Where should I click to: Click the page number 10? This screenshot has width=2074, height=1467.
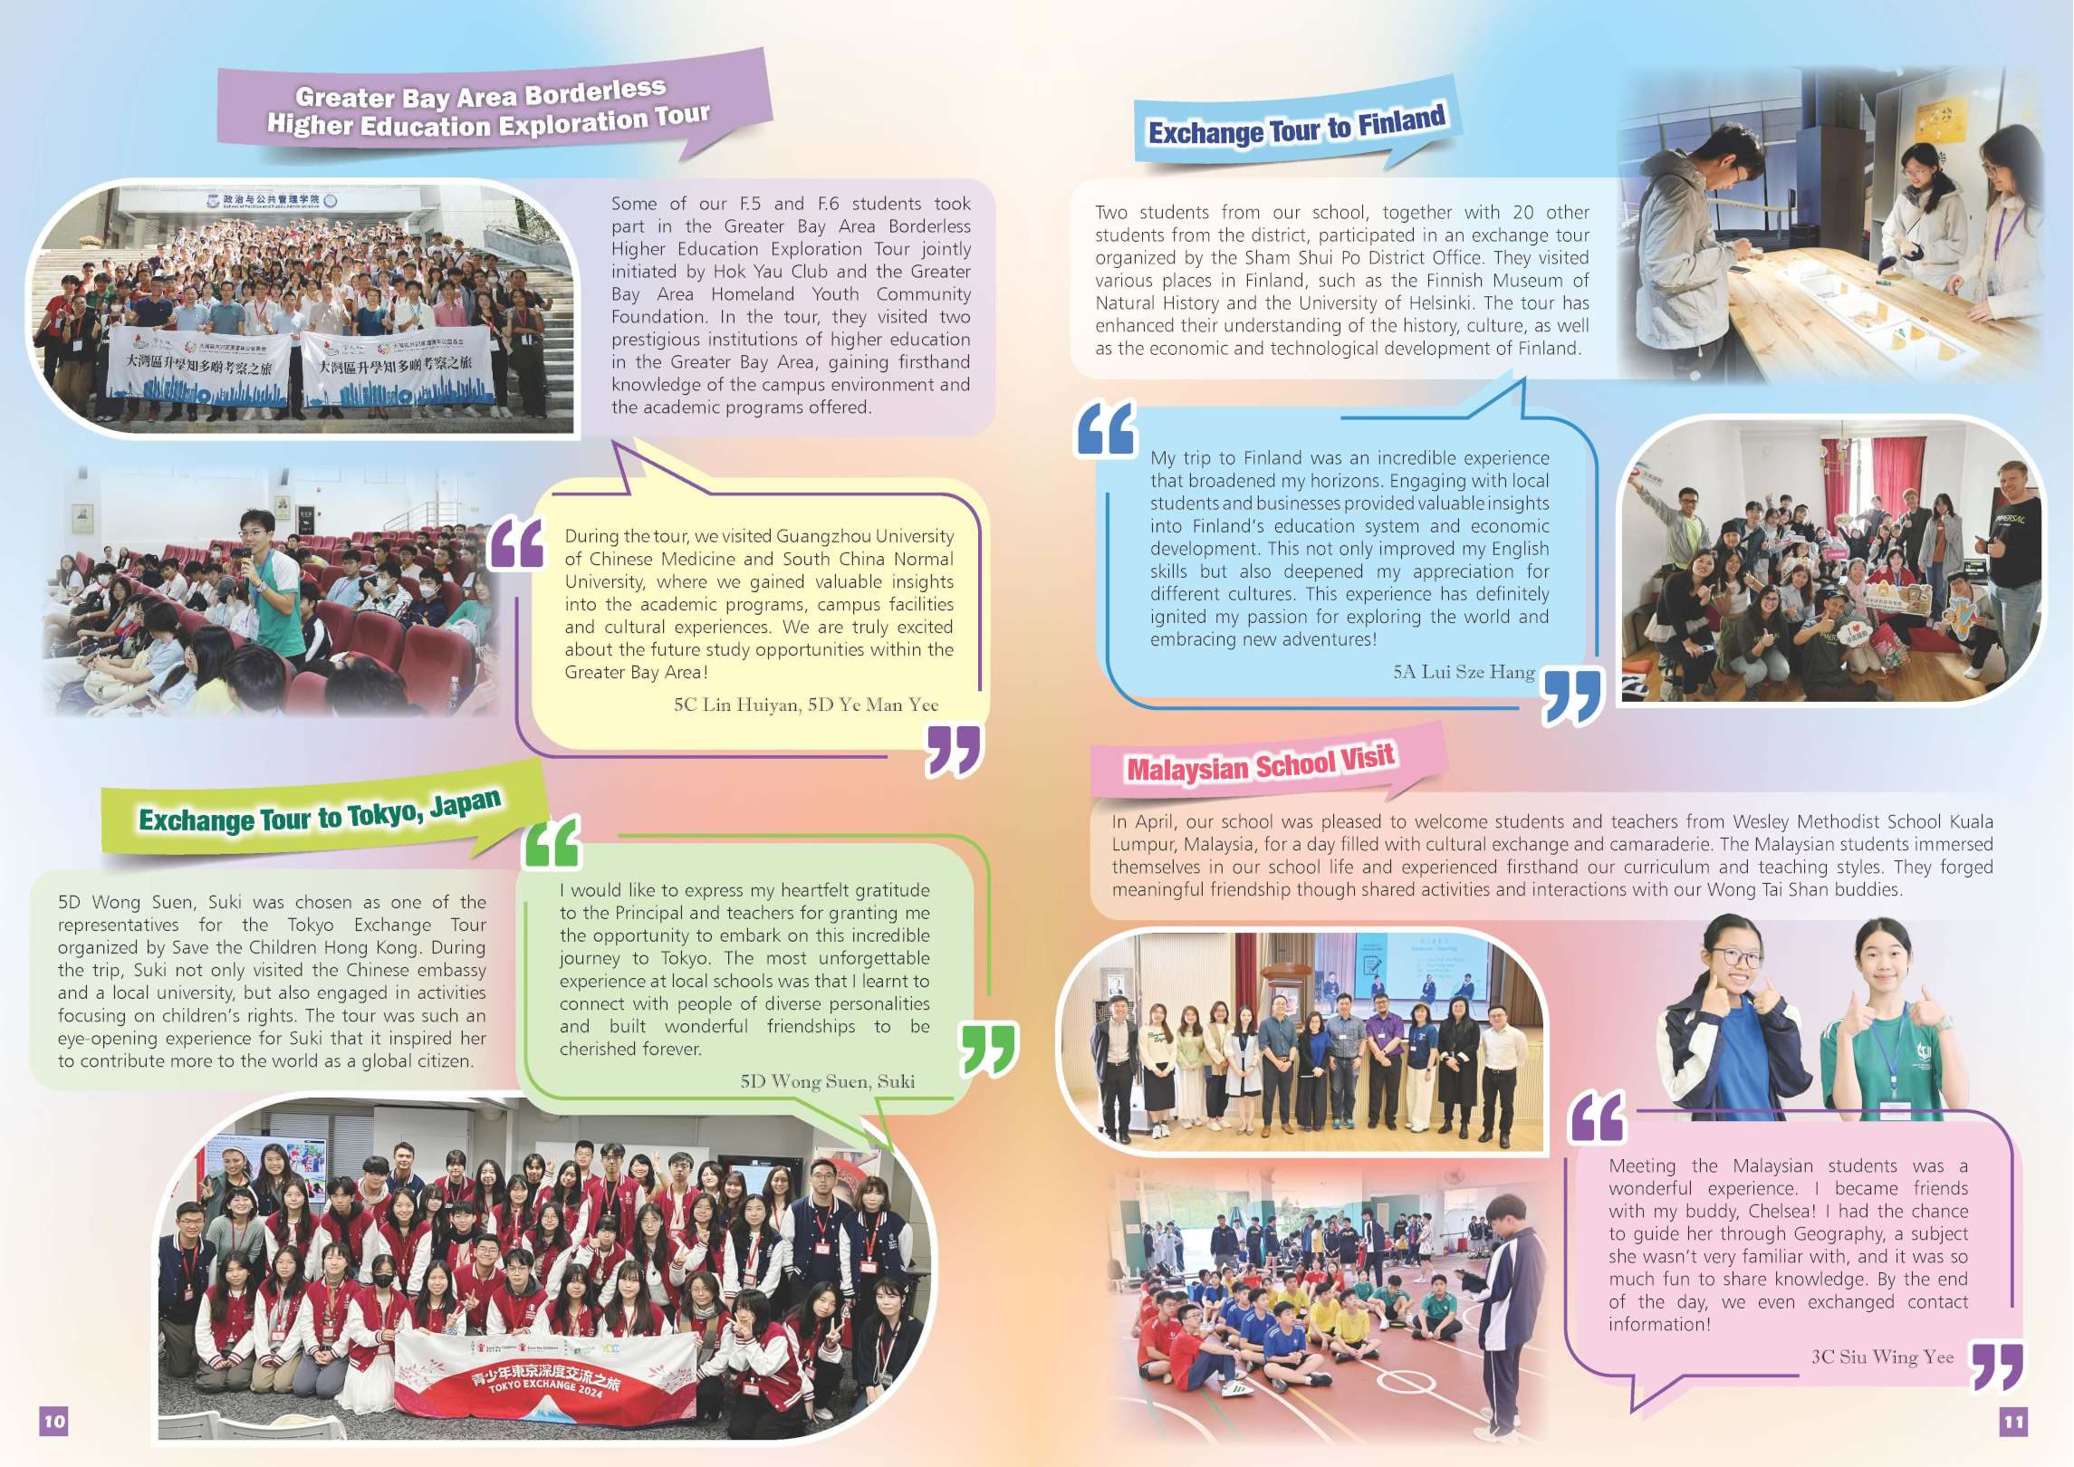click(x=54, y=1421)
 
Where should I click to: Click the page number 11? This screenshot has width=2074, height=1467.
click(x=2013, y=1422)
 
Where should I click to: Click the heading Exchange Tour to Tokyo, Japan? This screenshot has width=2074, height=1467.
click(x=319, y=813)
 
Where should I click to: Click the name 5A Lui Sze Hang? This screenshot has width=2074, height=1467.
click(x=1464, y=672)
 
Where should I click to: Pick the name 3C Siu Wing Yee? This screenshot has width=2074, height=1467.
click(x=1882, y=1357)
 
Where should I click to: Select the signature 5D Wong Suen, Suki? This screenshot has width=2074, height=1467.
click(x=827, y=1081)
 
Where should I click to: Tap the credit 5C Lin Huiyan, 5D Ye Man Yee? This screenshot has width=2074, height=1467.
click(x=805, y=705)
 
